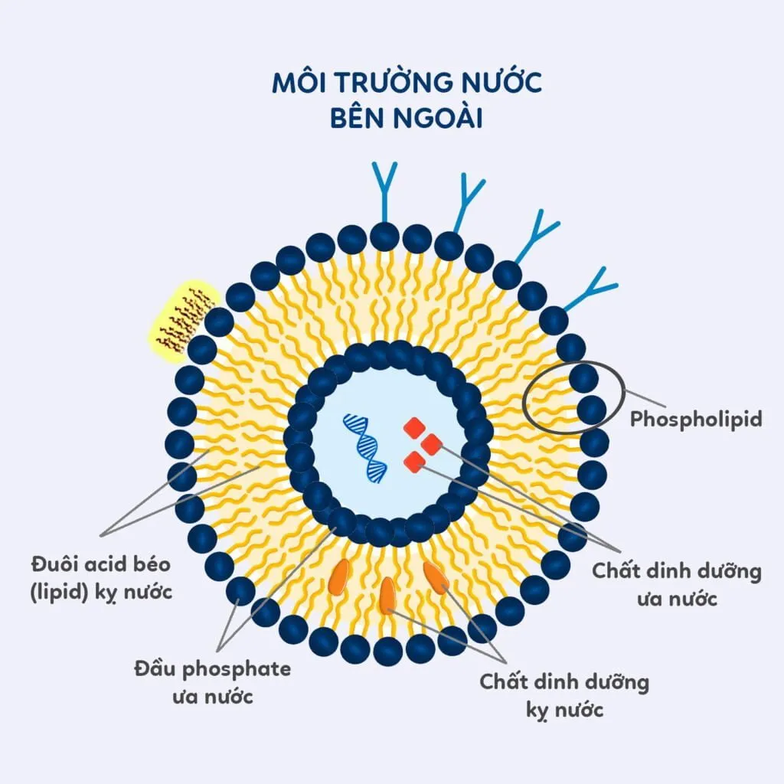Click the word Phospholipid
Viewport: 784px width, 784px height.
(x=695, y=420)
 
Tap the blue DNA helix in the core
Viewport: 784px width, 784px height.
(x=365, y=448)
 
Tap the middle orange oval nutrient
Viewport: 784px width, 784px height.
(x=388, y=595)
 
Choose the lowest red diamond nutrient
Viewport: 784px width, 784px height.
(x=413, y=462)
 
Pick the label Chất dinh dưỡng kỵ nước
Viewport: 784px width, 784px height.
(x=564, y=695)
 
